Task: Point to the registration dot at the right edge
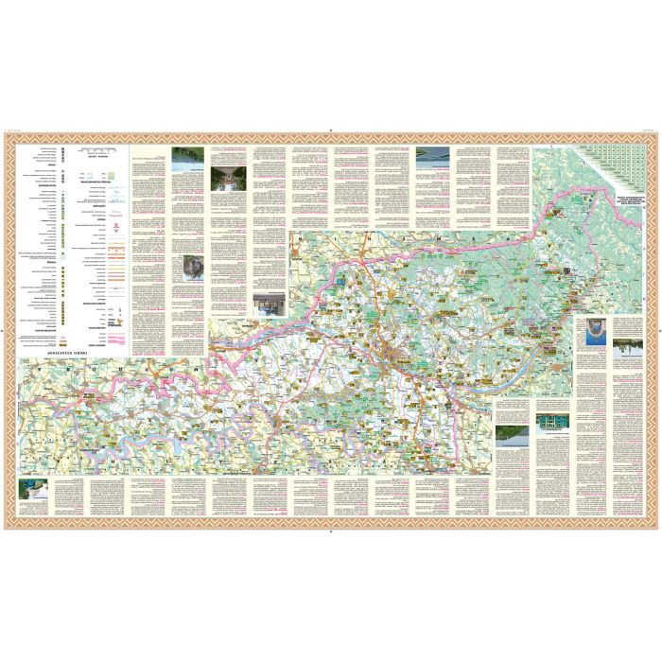pyautogui.click(x=658, y=331)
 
